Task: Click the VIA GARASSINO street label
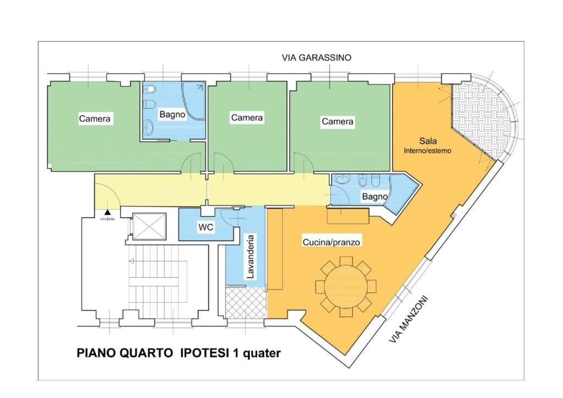pyautogui.click(x=316, y=57)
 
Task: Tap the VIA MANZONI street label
pyautogui.click(x=409, y=319)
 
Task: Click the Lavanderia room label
pyautogui.click(x=250, y=257)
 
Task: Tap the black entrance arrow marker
pyautogui.click(x=107, y=211)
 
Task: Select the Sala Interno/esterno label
pyautogui.click(x=428, y=145)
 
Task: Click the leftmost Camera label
pyautogui.click(x=95, y=118)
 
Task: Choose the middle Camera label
pyautogui.click(x=247, y=118)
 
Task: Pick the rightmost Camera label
pyautogui.click(x=338, y=121)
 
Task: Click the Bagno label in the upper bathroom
pyautogui.click(x=172, y=114)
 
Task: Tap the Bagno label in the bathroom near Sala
pyautogui.click(x=374, y=196)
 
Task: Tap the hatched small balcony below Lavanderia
pyautogui.click(x=246, y=302)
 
